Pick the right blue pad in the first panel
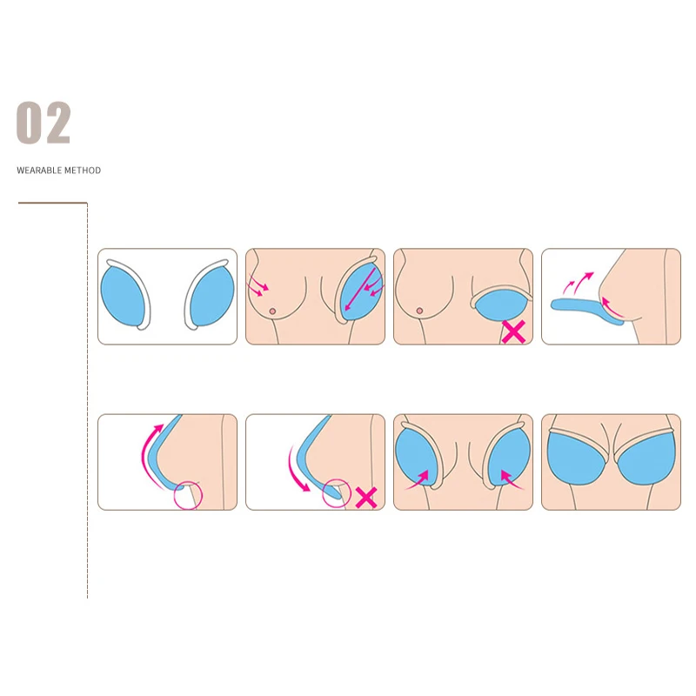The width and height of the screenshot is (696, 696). click(210, 296)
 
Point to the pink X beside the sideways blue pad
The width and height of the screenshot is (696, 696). click(513, 331)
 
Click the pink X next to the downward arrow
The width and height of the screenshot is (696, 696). click(366, 497)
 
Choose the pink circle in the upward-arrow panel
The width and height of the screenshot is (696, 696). click(188, 495)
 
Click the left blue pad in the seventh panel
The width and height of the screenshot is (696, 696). click(418, 458)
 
